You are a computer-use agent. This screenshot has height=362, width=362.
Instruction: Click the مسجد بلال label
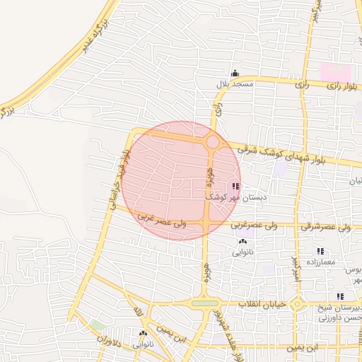235,84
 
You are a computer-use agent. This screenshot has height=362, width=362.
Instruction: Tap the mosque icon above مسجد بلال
235,73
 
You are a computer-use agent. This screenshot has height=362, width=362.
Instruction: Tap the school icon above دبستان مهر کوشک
235,187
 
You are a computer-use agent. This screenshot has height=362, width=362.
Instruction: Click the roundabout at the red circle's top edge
212,143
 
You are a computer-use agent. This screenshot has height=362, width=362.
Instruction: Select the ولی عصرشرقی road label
326,228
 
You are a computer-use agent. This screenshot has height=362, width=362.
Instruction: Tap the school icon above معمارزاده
320,251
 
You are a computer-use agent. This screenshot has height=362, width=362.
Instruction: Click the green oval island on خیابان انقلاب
205,303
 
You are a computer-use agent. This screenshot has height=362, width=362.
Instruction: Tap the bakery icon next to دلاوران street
144,333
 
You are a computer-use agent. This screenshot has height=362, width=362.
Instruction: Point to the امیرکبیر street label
295,268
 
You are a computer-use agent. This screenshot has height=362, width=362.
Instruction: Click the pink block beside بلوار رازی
335,71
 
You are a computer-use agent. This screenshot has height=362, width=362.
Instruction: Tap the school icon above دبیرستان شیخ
340,296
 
